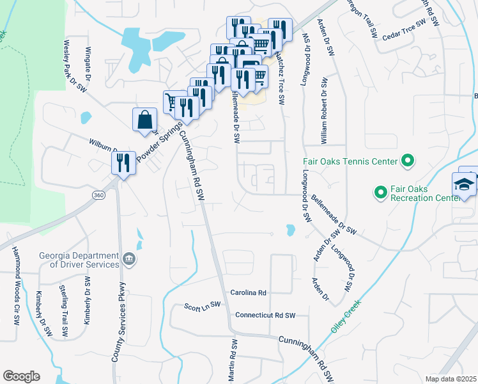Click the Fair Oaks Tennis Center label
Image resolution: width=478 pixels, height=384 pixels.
tap(351, 161)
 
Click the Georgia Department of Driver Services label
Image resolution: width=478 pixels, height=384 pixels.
tap(79, 259)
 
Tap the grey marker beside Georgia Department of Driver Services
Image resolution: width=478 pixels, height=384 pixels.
tap(130, 259)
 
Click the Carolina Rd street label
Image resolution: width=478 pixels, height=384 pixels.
tap(248, 292)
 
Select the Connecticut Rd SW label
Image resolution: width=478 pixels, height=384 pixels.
tap(265, 316)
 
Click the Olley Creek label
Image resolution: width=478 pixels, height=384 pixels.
tap(346, 316)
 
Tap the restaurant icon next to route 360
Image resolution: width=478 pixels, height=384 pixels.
tap(123, 162)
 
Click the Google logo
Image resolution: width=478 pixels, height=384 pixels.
tap(21, 376)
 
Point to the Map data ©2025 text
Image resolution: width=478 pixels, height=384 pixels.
tap(451, 379)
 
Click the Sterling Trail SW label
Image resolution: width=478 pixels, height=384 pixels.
tap(65, 311)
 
